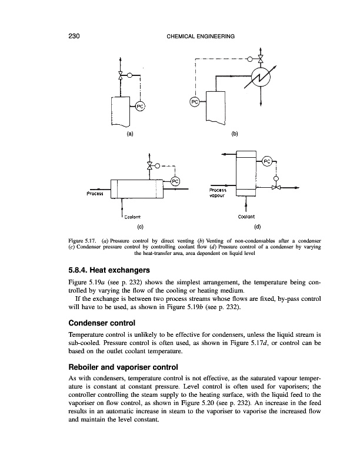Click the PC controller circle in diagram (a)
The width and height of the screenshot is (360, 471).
[141, 106]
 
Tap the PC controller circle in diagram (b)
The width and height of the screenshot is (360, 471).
[195, 101]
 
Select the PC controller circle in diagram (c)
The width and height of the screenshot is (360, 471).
[175, 181]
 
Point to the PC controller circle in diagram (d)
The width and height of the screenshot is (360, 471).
[268, 161]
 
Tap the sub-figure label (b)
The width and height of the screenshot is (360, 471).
[235, 134]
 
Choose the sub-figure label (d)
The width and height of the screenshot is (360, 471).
[257, 225]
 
